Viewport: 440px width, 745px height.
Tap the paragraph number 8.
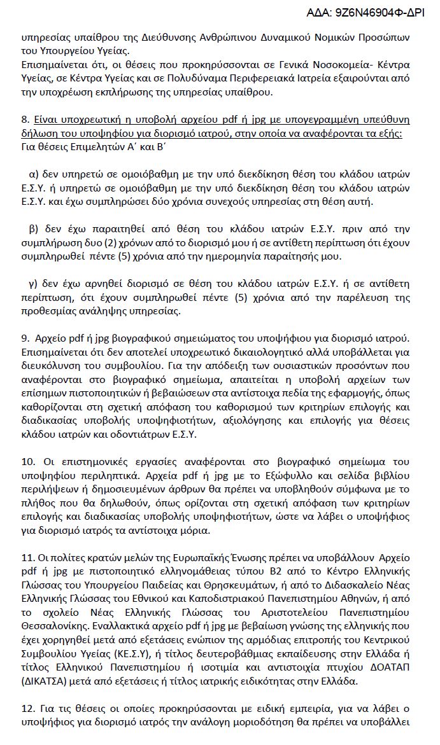25,120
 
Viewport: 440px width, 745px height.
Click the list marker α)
35,174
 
